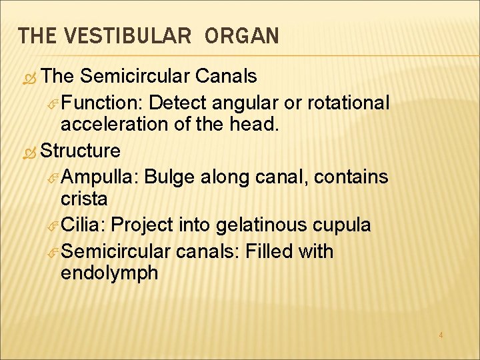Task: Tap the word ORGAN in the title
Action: coord(243,36)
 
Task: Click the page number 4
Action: coord(441,335)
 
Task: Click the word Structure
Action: coord(80,151)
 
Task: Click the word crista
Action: coord(84,199)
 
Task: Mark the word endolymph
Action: coord(109,273)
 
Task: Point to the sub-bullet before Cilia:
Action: coord(54,225)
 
